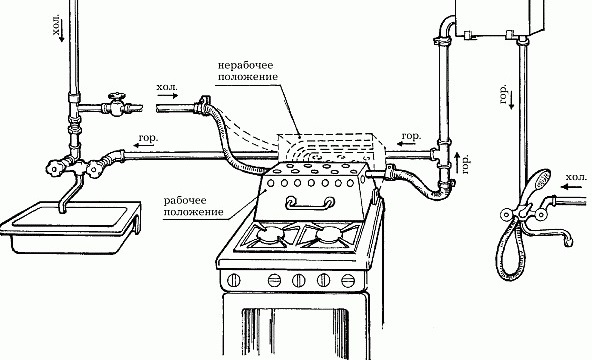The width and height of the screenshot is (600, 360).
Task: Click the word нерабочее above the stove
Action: (x=246, y=65)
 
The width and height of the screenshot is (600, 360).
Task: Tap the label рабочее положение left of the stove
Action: (x=193, y=206)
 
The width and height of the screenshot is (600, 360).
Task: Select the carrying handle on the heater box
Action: (x=309, y=203)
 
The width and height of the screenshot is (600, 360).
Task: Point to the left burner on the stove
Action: (x=271, y=233)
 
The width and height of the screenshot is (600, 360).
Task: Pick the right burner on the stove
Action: (x=329, y=234)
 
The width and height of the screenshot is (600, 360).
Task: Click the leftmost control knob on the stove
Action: (x=233, y=280)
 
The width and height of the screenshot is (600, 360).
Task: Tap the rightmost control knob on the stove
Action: (x=348, y=281)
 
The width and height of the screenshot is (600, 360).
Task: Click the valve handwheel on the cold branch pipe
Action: (x=116, y=96)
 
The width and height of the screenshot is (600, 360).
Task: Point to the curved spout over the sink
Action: (x=70, y=193)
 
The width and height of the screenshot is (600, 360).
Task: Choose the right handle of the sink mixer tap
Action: (x=94, y=169)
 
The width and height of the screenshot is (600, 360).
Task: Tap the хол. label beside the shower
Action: (x=576, y=178)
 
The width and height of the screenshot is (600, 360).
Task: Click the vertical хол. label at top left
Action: (x=57, y=25)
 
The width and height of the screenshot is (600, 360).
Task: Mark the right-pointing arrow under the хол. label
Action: (x=169, y=96)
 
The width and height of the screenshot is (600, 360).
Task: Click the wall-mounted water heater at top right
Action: (x=500, y=17)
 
